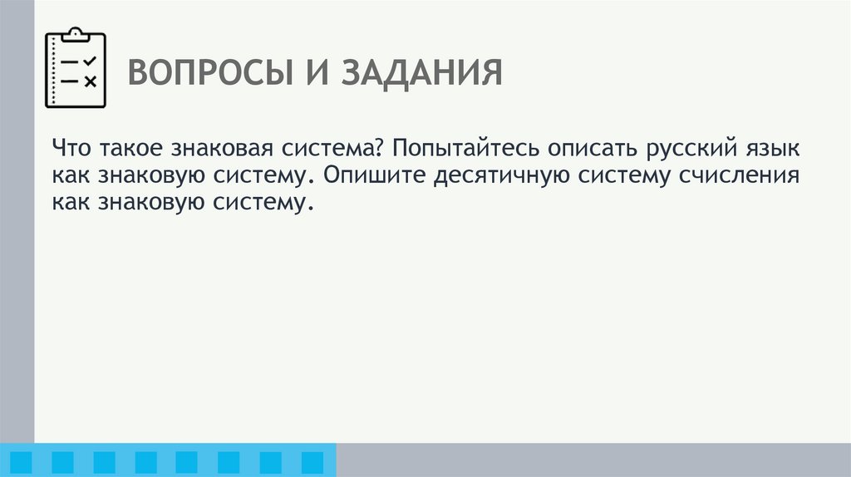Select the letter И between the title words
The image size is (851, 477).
(307, 74)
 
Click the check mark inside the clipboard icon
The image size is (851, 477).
(91, 61)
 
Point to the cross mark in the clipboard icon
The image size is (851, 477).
(91, 81)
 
